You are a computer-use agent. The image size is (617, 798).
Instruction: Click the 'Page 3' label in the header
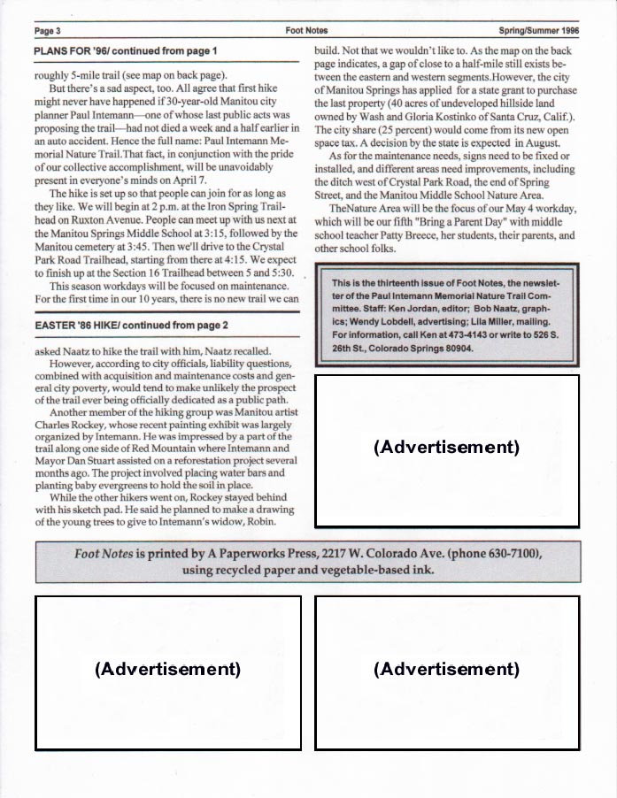[46, 30]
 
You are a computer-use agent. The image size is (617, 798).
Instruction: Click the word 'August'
[537, 142]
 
